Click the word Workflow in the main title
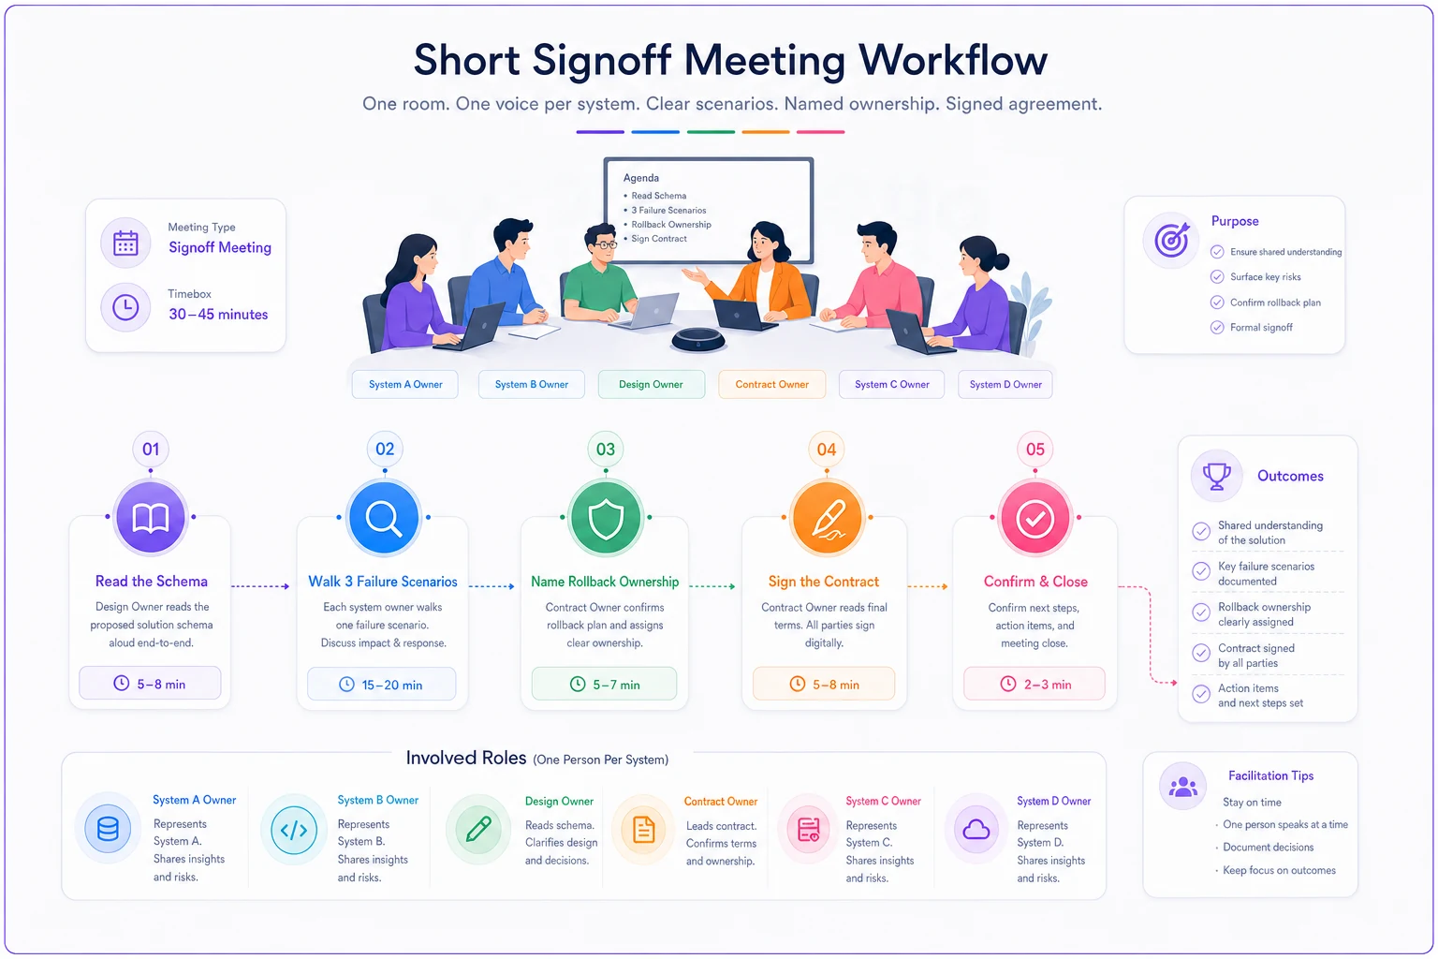pyautogui.click(x=953, y=60)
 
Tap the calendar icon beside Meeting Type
pyautogui.click(x=125, y=243)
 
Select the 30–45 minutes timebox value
pyautogui.click(x=218, y=314)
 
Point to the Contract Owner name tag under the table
pyautogui.click(x=771, y=384)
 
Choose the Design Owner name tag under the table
pyautogui.click(x=651, y=384)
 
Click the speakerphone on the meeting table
pyautogui.click(x=697, y=340)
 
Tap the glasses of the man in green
pyautogui.click(x=603, y=244)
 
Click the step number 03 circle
pyautogui.click(x=606, y=449)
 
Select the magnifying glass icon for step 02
pyautogui.click(x=384, y=518)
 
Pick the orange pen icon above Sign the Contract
pyautogui.click(x=827, y=518)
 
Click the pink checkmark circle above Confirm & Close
pyautogui.click(x=1034, y=518)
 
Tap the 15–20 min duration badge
pyautogui.click(x=381, y=684)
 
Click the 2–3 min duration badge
pyautogui.click(x=1034, y=684)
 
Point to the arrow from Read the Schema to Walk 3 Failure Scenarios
pyautogui.click(x=260, y=586)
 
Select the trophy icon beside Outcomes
pyautogui.click(x=1216, y=476)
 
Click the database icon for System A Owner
pyautogui.click(x=108, y=829)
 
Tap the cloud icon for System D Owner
pyautogui.click(x=976, y=829)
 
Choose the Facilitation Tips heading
pyautogui.click(x=1270, y=775)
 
